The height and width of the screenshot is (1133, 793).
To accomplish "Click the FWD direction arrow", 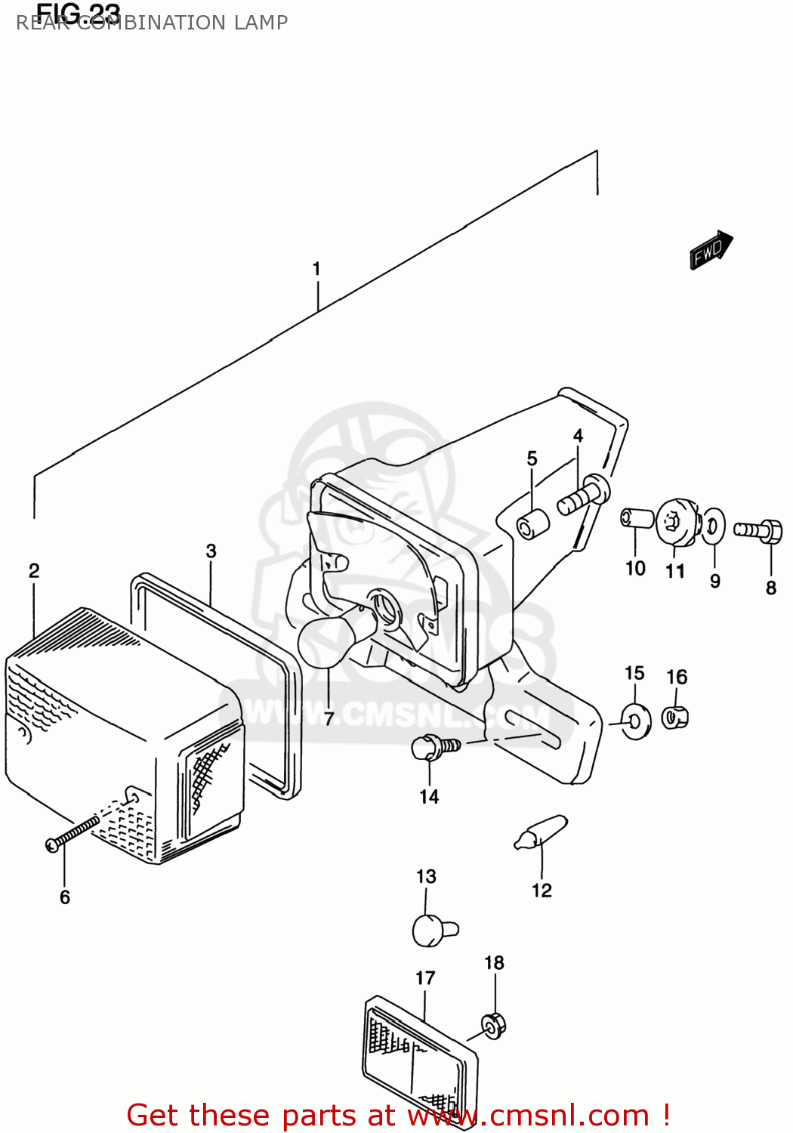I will (711, 250).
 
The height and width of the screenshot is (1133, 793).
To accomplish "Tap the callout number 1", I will (316, 269).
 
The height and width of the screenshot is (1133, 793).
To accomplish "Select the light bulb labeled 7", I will (326, 640).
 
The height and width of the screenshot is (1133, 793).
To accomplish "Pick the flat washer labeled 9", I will (714, 526).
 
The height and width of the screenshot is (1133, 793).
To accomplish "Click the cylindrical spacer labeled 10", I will (637, 519).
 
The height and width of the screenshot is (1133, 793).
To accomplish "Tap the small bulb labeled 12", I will (541, 833).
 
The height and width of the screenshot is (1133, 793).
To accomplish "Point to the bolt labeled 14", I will (434, 748).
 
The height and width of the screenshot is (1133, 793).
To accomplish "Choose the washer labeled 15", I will (636, 721).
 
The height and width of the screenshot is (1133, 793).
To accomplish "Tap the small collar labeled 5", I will (532, 523).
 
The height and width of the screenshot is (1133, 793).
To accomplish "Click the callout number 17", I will (425, 978).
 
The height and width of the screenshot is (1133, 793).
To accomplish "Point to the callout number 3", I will (211, 551).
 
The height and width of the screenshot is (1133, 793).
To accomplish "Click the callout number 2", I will (34, 571).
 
